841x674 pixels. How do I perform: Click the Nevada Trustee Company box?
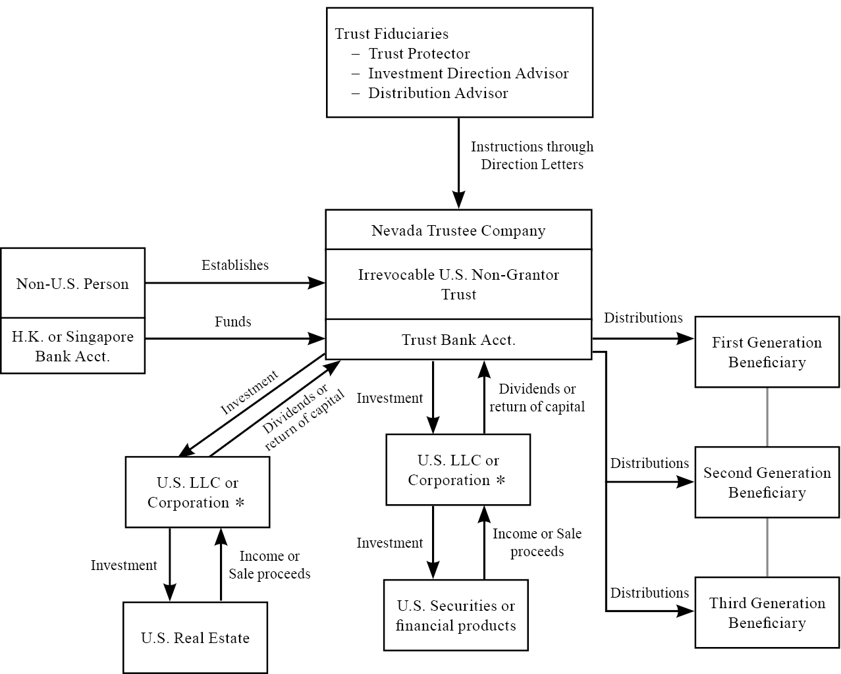(x=458, y=230)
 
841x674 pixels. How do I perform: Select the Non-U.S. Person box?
(x=72, y=284)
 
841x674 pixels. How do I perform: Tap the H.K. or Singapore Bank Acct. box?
(x=72, y=346)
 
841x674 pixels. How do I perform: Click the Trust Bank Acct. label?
(x=458, y=340)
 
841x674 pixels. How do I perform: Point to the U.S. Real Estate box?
(x=195, y=638)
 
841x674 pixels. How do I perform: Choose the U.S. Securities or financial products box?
(x=456, y=615)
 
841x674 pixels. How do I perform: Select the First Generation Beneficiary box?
(x=767, y=352)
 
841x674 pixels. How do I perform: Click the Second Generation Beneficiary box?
(x=767, y=482)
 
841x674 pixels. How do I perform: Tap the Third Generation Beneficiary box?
(x=767, y=613)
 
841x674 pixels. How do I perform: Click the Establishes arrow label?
(x=235, y=265)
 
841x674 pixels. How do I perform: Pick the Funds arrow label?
(x=233, y=322)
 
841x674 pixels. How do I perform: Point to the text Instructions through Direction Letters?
(x=532, y=155)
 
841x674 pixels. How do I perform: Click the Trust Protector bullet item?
(x=419, y=54)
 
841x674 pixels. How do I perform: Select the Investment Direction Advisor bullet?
(x=468, y=74)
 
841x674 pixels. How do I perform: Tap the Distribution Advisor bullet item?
(x=438, y=93)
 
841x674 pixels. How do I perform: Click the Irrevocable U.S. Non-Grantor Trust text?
(x=458, y=284)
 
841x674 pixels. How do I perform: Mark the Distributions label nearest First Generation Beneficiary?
(x=643, y=318)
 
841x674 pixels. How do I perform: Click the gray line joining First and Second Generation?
(x=767, y=417)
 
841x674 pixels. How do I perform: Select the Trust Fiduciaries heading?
(x=392, y=34)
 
